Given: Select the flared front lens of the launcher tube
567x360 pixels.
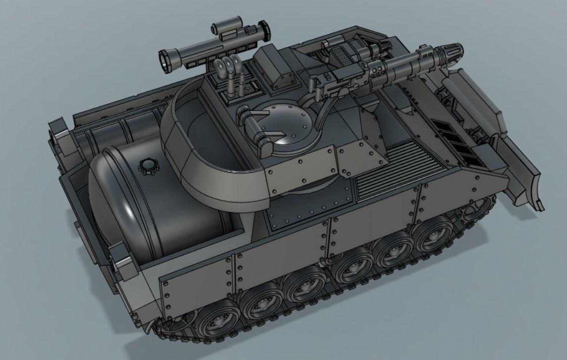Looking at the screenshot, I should (166, 60).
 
